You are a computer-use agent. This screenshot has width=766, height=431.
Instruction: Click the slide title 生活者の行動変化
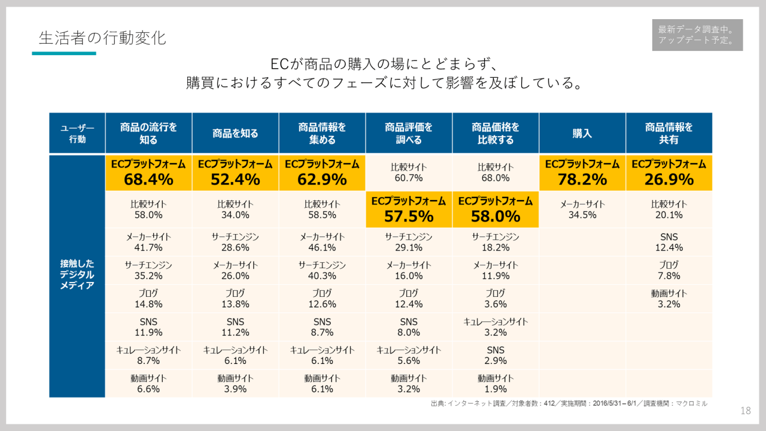[x=102, y=38]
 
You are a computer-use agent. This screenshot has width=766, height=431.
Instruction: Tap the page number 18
[x=745, y=411]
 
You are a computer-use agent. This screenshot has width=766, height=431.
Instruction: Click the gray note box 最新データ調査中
[x=697, y=35]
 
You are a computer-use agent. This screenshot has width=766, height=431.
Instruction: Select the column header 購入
[x=582, y=133]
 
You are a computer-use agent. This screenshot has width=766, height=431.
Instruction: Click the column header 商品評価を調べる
[x=409, y=133]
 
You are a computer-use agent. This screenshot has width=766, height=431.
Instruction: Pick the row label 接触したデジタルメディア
[x=77, y=274]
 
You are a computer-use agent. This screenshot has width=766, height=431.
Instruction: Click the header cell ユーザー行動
[x=77, y=133]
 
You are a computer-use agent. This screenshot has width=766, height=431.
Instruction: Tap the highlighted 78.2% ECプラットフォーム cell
[x=582, y=172]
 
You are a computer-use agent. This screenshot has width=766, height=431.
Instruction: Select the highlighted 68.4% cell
[x=148, y=172]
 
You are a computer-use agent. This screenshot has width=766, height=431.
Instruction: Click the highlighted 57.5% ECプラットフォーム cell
[x=409, y=209]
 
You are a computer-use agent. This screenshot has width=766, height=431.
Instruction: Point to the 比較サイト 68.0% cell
[x=495, y=172]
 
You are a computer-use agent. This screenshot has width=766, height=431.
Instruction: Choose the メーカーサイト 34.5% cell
[x=582, y=209]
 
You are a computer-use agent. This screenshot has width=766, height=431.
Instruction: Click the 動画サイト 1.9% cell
[x=495, y=384]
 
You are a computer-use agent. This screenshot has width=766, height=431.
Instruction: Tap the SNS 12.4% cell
[x=668, y=242]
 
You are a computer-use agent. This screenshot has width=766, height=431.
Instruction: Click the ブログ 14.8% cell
[x=148, y=298]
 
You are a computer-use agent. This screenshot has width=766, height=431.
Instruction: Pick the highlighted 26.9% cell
[x=668, y=172]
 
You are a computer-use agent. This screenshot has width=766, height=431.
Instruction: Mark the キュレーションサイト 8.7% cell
[x=148, y=355]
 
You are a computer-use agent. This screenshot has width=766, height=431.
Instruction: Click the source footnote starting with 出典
[x=569, y=403]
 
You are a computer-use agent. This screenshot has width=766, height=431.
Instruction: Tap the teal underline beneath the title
[x=64, y=53]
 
